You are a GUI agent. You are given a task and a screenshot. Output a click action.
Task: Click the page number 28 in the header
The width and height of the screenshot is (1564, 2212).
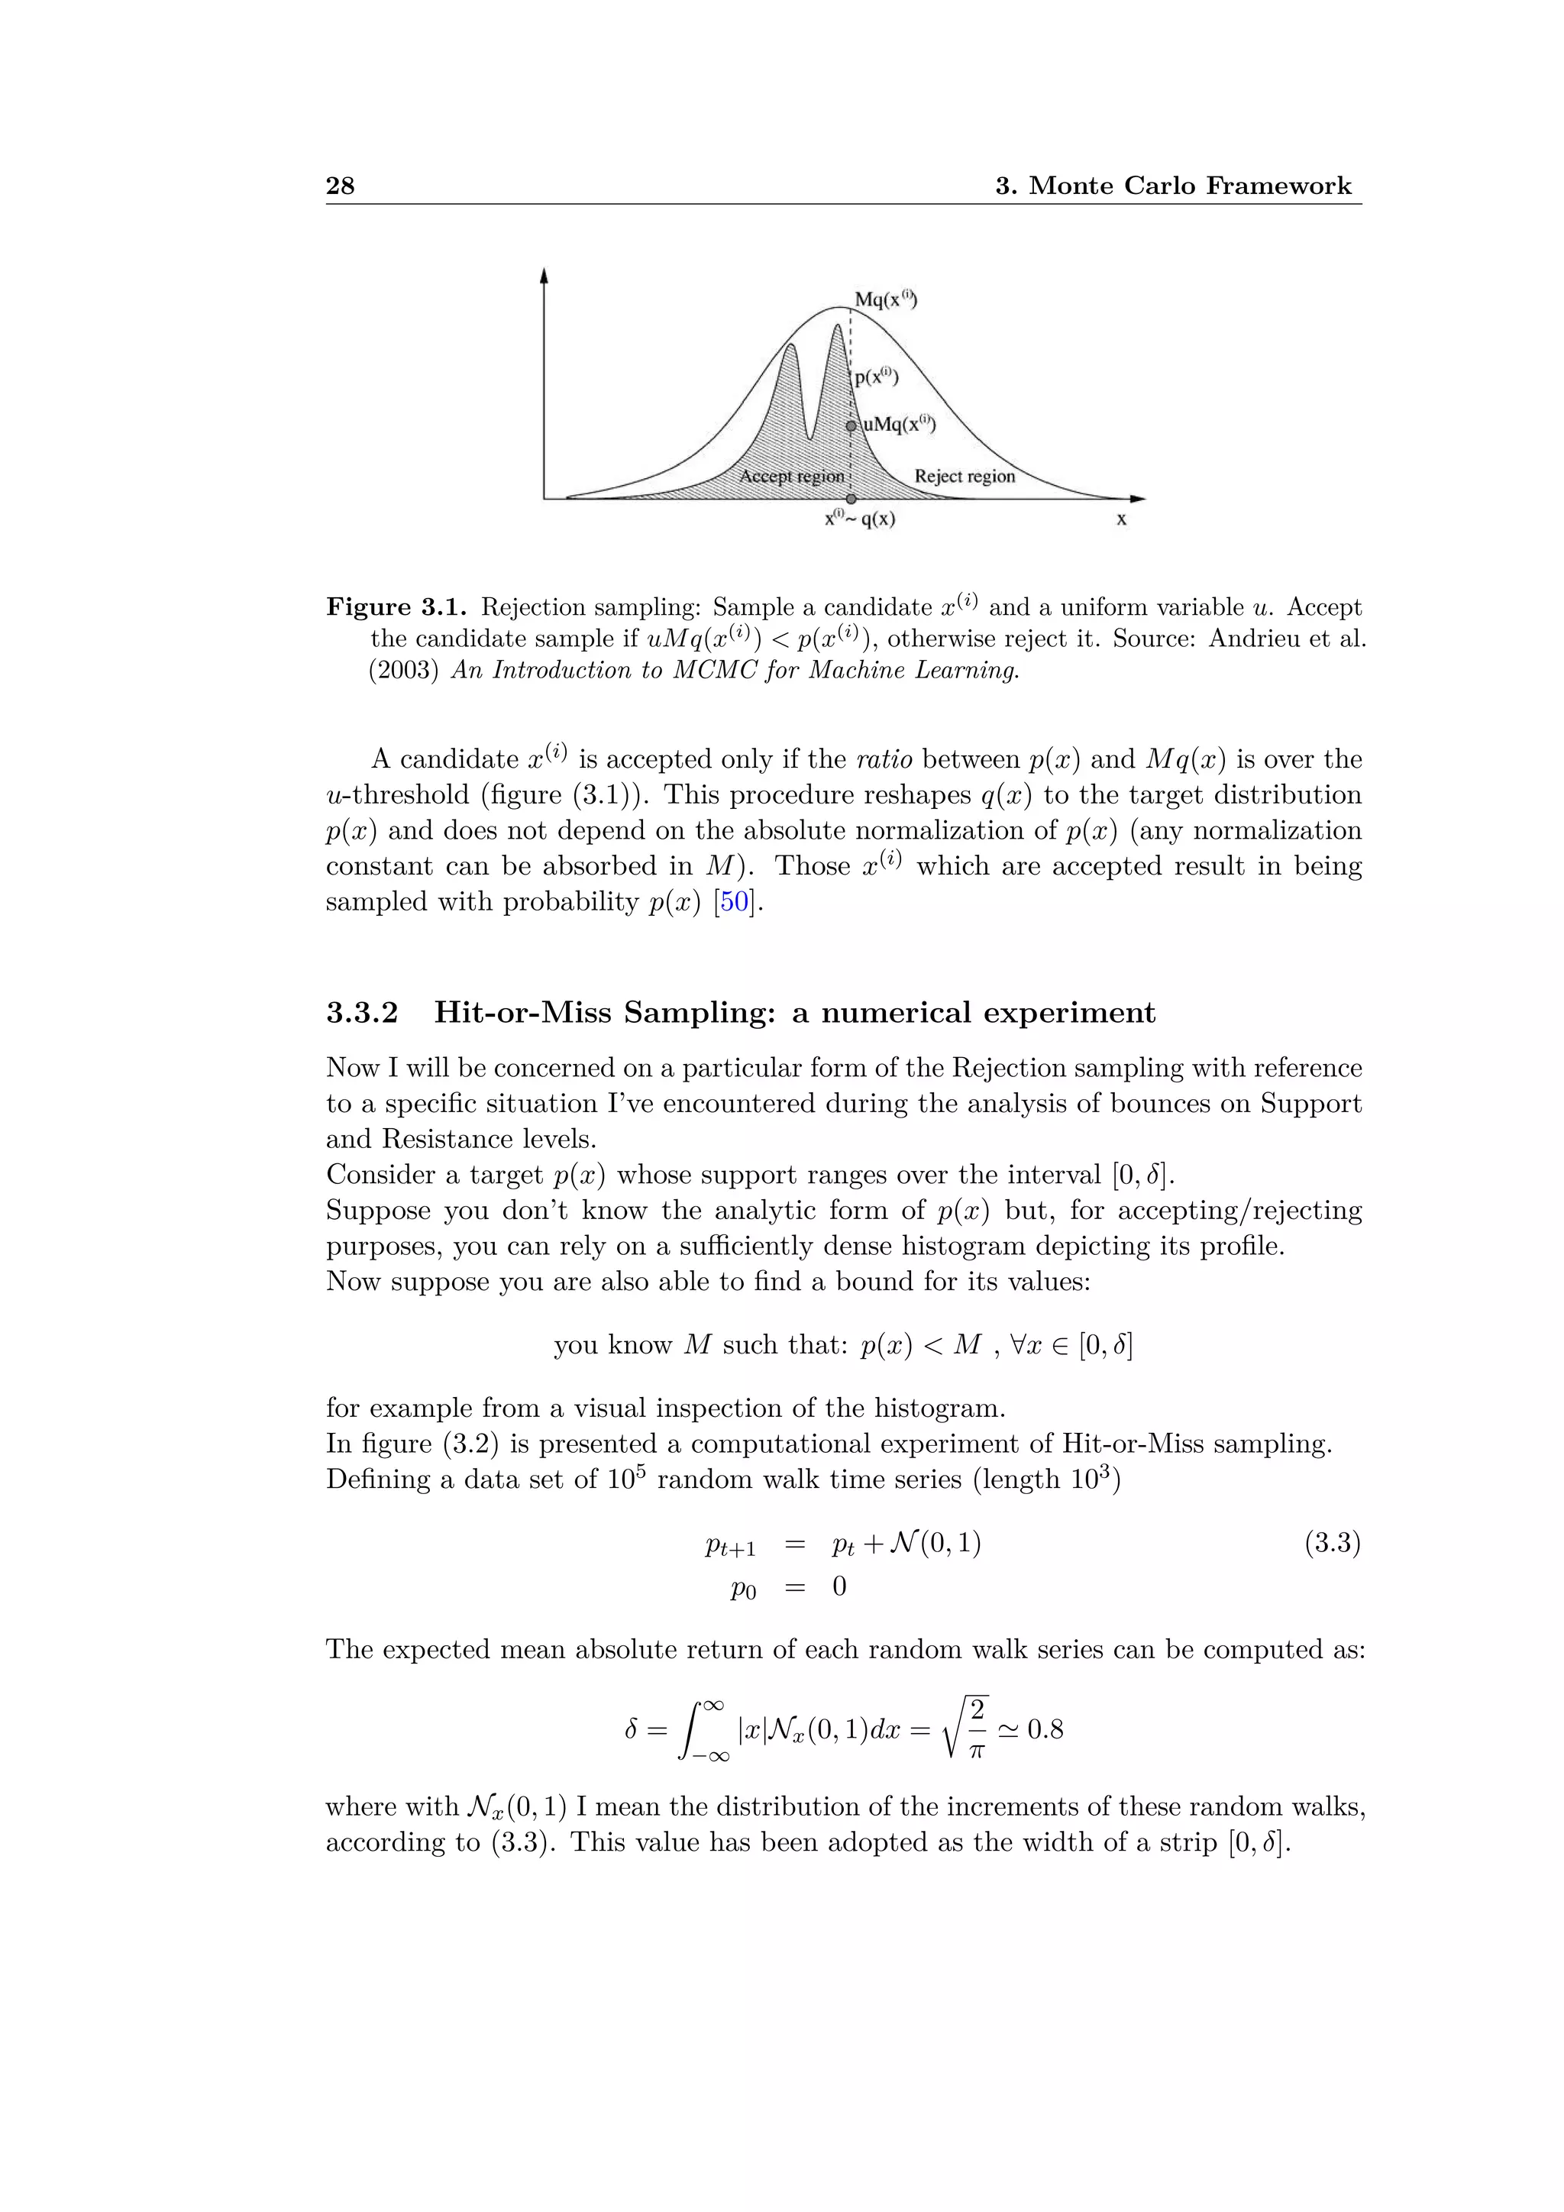[340, 186]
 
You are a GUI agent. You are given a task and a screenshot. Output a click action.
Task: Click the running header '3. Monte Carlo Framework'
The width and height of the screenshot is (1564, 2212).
[1173, 186]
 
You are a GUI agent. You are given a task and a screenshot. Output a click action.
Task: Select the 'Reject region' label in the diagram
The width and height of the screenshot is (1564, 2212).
[964, 476]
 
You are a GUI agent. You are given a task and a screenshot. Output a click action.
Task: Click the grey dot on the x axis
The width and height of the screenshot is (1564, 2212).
[851, 499]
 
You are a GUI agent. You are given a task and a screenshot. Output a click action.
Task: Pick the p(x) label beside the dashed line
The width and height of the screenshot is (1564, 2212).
[877, 377]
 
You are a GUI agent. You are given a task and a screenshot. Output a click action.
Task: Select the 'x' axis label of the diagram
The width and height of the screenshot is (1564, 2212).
[1121, 520]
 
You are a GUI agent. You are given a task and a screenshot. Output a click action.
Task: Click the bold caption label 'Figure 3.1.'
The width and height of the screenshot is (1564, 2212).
[397, 608]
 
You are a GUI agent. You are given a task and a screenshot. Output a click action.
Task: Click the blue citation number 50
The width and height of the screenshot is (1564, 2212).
[734, 902]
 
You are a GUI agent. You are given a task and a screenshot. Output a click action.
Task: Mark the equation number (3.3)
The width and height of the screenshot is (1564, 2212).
[1332, 1544]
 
